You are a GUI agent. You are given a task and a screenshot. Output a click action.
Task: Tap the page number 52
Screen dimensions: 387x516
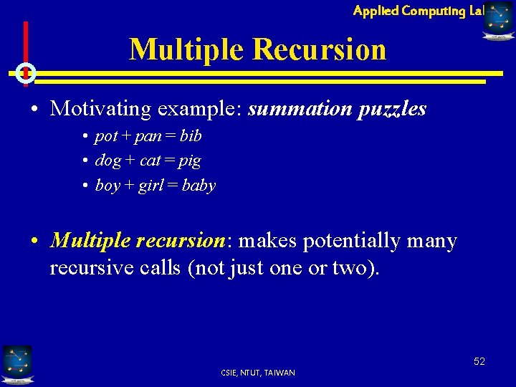click(x=479, y=361)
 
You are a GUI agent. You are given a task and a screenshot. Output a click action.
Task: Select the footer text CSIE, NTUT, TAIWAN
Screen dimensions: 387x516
click(x=258, y=373)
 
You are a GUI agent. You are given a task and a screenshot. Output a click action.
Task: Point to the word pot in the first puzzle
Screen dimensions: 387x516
click(x=105, y=136)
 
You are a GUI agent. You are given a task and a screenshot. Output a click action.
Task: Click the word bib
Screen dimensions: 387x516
click(x=191, y=135)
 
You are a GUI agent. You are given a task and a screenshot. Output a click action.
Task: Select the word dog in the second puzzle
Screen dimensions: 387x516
click(x=107, y=161)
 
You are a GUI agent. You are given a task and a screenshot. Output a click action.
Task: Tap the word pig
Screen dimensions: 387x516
click(x=190, y=161)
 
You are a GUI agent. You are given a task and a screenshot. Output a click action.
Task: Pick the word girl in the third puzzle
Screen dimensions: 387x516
click(x=151, y=186)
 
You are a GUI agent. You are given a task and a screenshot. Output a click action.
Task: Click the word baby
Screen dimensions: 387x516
click(x=199, y=186)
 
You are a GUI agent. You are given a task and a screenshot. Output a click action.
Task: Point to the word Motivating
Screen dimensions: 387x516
click(x=100, y=109)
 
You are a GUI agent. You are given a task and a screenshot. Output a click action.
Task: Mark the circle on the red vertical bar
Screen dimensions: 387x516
click(x=26, y=72)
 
